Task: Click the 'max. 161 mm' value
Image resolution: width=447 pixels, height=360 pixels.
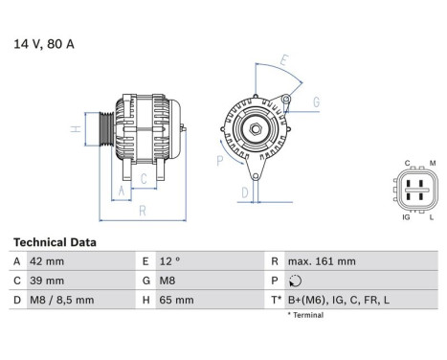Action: tap(321, 261)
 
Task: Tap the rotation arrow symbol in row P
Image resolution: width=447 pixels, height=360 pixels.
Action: tap(292, 281)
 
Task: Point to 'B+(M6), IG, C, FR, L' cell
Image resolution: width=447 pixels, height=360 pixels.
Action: tap(334, 300)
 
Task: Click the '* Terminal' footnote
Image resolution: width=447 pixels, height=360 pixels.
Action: tap(305, 314)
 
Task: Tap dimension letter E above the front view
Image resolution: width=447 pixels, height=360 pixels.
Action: tap(284, 60)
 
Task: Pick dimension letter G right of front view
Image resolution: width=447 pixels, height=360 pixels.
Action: tap(316, 101)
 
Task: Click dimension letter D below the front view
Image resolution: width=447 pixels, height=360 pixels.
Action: tap(245, 191)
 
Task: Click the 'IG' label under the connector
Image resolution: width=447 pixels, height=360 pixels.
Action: tap(406, 217)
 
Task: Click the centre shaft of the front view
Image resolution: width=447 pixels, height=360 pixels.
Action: tap(256, 128)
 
